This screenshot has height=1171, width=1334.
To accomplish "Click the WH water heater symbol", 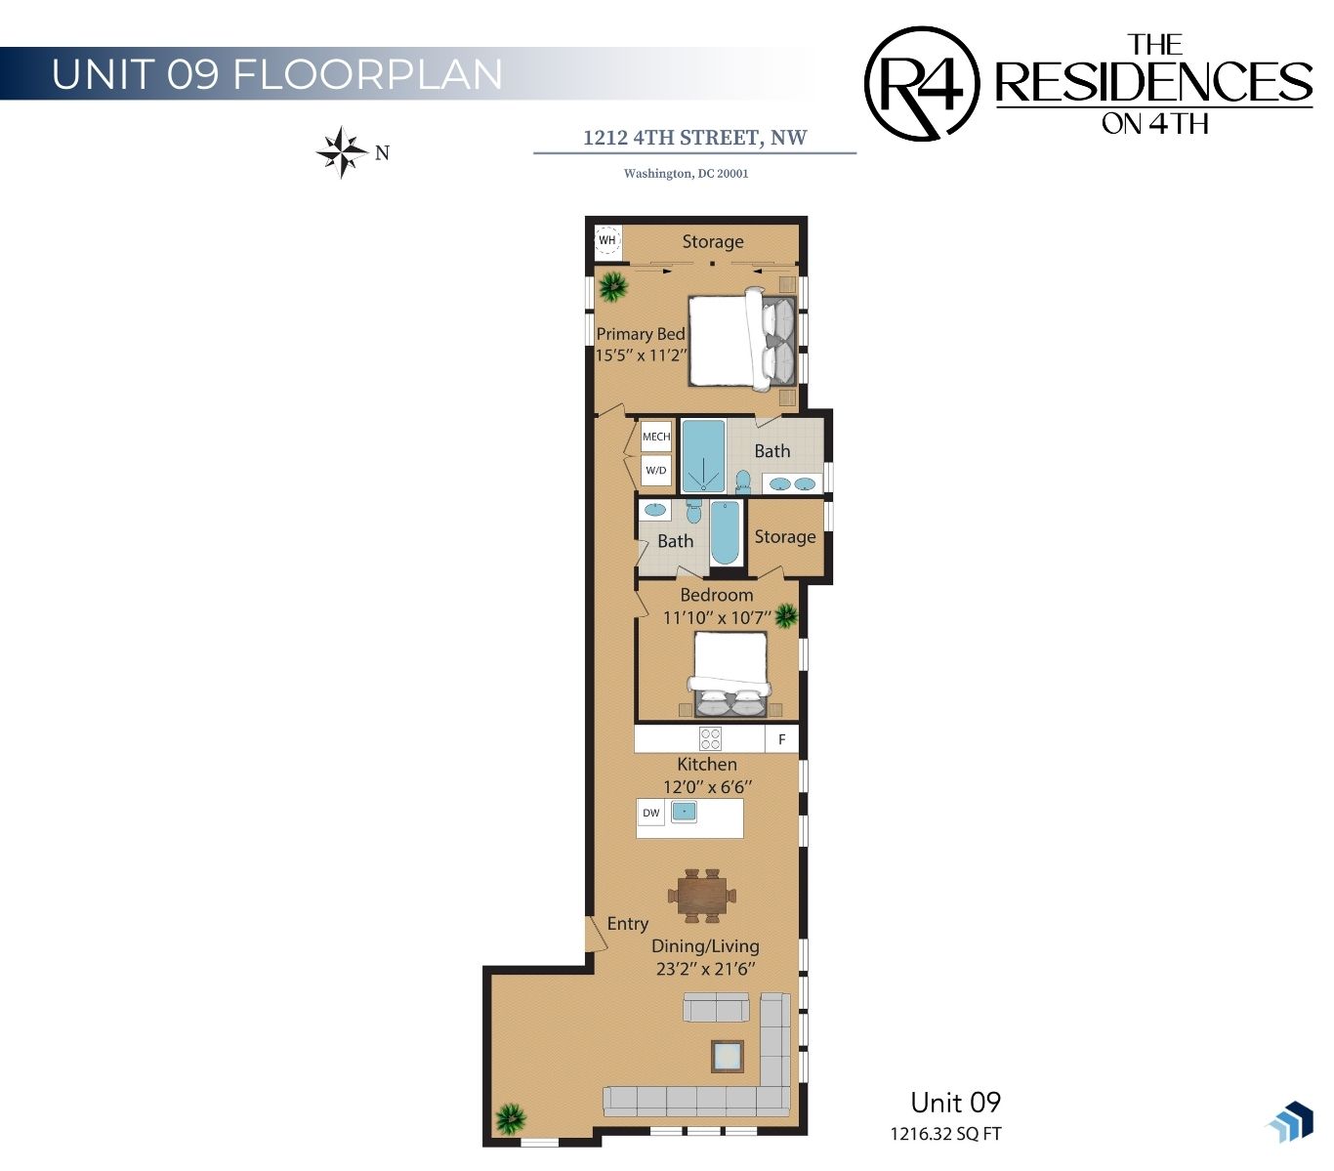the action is tap(606, 239).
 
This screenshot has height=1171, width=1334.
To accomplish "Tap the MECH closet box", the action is tap(655, 436).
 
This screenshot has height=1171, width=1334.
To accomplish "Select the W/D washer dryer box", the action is tap(655, 470).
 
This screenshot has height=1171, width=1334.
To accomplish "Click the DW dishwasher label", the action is tap(650, 813).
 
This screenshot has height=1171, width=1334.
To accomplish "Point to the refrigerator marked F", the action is tap(781, 739).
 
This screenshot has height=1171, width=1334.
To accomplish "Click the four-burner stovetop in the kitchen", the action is tap(709, 738).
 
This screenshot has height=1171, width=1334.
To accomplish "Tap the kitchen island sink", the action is tap(683, 812).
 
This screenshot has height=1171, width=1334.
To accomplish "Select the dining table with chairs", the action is tap(701, 896).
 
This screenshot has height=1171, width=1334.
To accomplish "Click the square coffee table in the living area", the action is tap(727, 1057).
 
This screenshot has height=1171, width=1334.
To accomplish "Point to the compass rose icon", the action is tap(342, 152).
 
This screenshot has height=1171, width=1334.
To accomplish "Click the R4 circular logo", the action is tap(921, 84).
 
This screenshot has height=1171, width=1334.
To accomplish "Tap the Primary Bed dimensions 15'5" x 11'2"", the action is tap(641, 355).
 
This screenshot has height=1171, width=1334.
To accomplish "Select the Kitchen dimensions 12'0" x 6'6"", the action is tap(706, 787).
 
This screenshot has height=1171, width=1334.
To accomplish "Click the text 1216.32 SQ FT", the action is tap(945, 1134).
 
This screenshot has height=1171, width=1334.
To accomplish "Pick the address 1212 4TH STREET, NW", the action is tap(694, 138).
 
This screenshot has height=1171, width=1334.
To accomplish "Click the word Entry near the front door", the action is tap(627, 923).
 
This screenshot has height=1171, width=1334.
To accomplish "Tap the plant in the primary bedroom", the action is tap(613, 286).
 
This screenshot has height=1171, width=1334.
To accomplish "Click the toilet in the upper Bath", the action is tap(742, 481).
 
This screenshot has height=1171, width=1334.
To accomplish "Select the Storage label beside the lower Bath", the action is tap(784, 537).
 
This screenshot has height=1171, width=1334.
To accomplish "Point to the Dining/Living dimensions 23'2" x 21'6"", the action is tap(704, 969).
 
